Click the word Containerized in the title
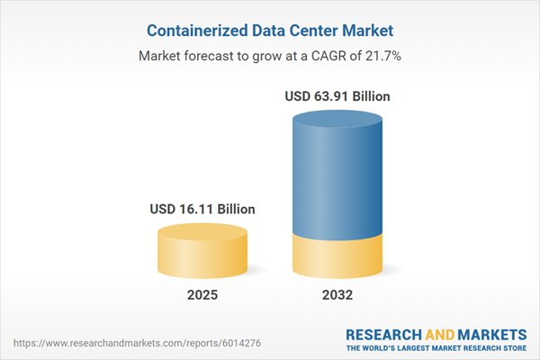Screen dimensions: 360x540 [197, 29]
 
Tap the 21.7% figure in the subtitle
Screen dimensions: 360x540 [382, 56]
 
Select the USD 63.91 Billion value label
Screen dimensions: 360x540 [338, 96]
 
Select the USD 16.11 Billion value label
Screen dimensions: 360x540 [202, 209]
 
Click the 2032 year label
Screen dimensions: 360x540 [338, 294]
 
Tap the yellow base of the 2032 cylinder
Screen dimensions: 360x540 [338, 256]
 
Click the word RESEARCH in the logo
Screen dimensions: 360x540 [383, 333]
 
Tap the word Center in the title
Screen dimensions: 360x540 [312, 29]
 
